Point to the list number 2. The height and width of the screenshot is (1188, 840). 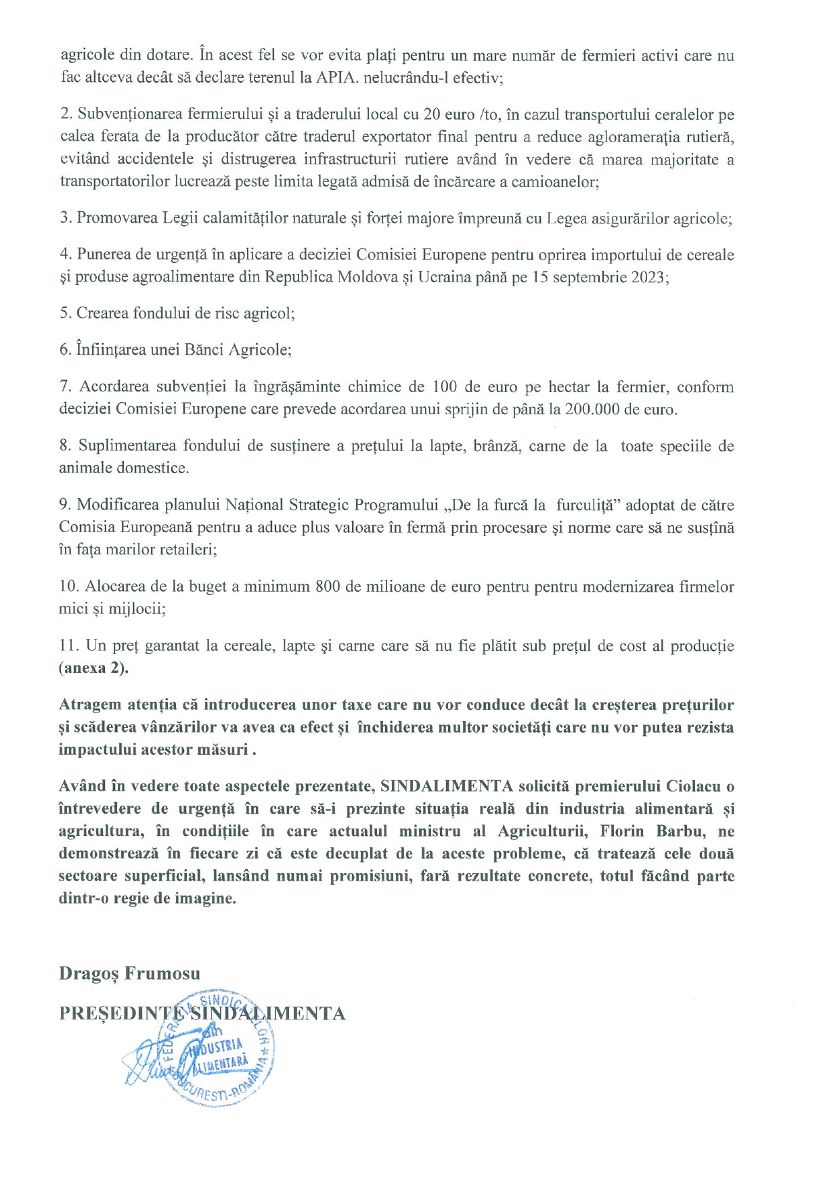tap(66, 114)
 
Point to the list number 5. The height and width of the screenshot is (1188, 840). tap(65, 313)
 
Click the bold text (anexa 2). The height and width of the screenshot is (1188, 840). tap(93, 668)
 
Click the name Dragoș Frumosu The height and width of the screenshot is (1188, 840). tap(129, 973)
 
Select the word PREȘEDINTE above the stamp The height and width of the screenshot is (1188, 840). tap(122, 1013)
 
